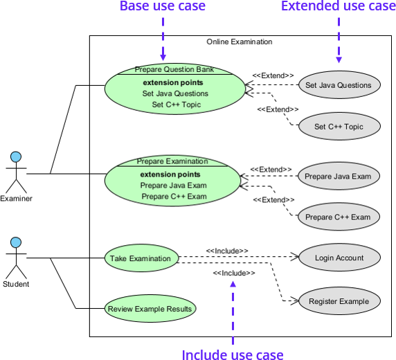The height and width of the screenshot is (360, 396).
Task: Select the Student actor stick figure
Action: click(x=15, y=258)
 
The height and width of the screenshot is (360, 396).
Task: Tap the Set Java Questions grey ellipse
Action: click(x=338, y=86)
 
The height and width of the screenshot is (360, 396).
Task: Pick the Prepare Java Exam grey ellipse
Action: click(x=338, y=176)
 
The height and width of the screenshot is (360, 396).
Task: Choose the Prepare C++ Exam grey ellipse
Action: click(x=338, y=217)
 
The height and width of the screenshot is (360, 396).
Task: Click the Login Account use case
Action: click(x=339, y=258)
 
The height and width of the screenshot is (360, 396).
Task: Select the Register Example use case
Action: click(x=339, y=301)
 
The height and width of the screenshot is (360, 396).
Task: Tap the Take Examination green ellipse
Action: click(x=140, y=259)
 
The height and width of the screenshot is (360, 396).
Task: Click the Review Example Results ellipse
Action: click(x=150, y=309)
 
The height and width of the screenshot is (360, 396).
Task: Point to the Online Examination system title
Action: click(x=239, y=42)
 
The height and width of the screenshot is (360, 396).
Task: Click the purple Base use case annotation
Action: click(x=163, y=7)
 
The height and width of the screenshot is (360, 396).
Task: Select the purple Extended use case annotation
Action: click(x=338, y=7)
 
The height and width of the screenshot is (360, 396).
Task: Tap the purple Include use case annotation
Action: click(x=233, y=354)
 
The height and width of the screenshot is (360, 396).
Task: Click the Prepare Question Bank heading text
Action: click(x=174, y=69)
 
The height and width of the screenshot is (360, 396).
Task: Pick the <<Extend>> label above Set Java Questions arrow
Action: click(x=273, y=75)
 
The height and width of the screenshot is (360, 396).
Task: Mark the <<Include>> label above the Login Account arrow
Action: click(x=227, y=251)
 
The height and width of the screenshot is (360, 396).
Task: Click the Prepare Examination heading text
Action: click(x=172, y=161)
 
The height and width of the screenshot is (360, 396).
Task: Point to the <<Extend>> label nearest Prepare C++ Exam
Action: click(x=269, y=200)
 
